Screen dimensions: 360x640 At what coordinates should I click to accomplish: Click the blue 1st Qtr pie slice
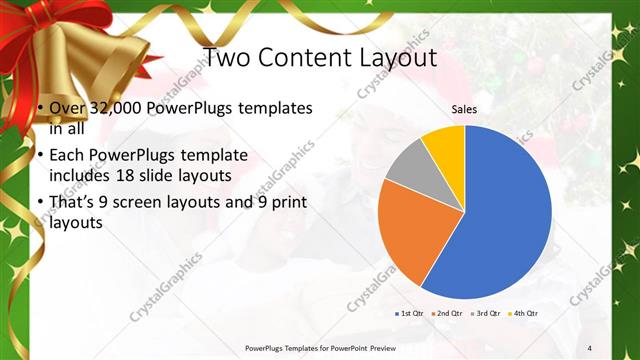tap(500, 220)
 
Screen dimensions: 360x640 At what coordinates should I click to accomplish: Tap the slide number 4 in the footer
tap(589, 347)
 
